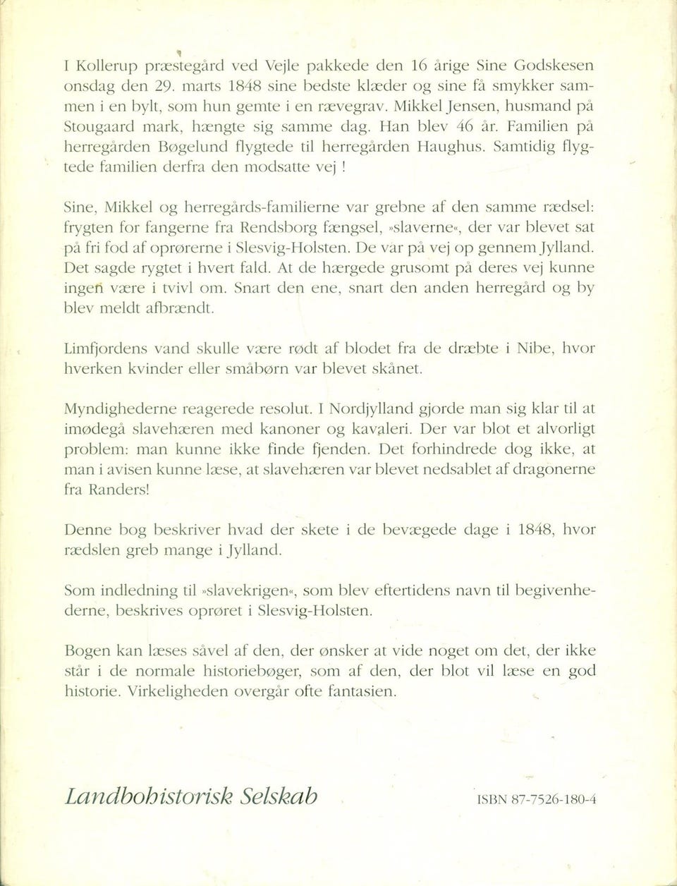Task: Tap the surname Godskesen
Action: tap(550, 66)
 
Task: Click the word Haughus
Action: tap(451, 148)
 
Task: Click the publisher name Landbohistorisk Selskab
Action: tap(190, 796)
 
